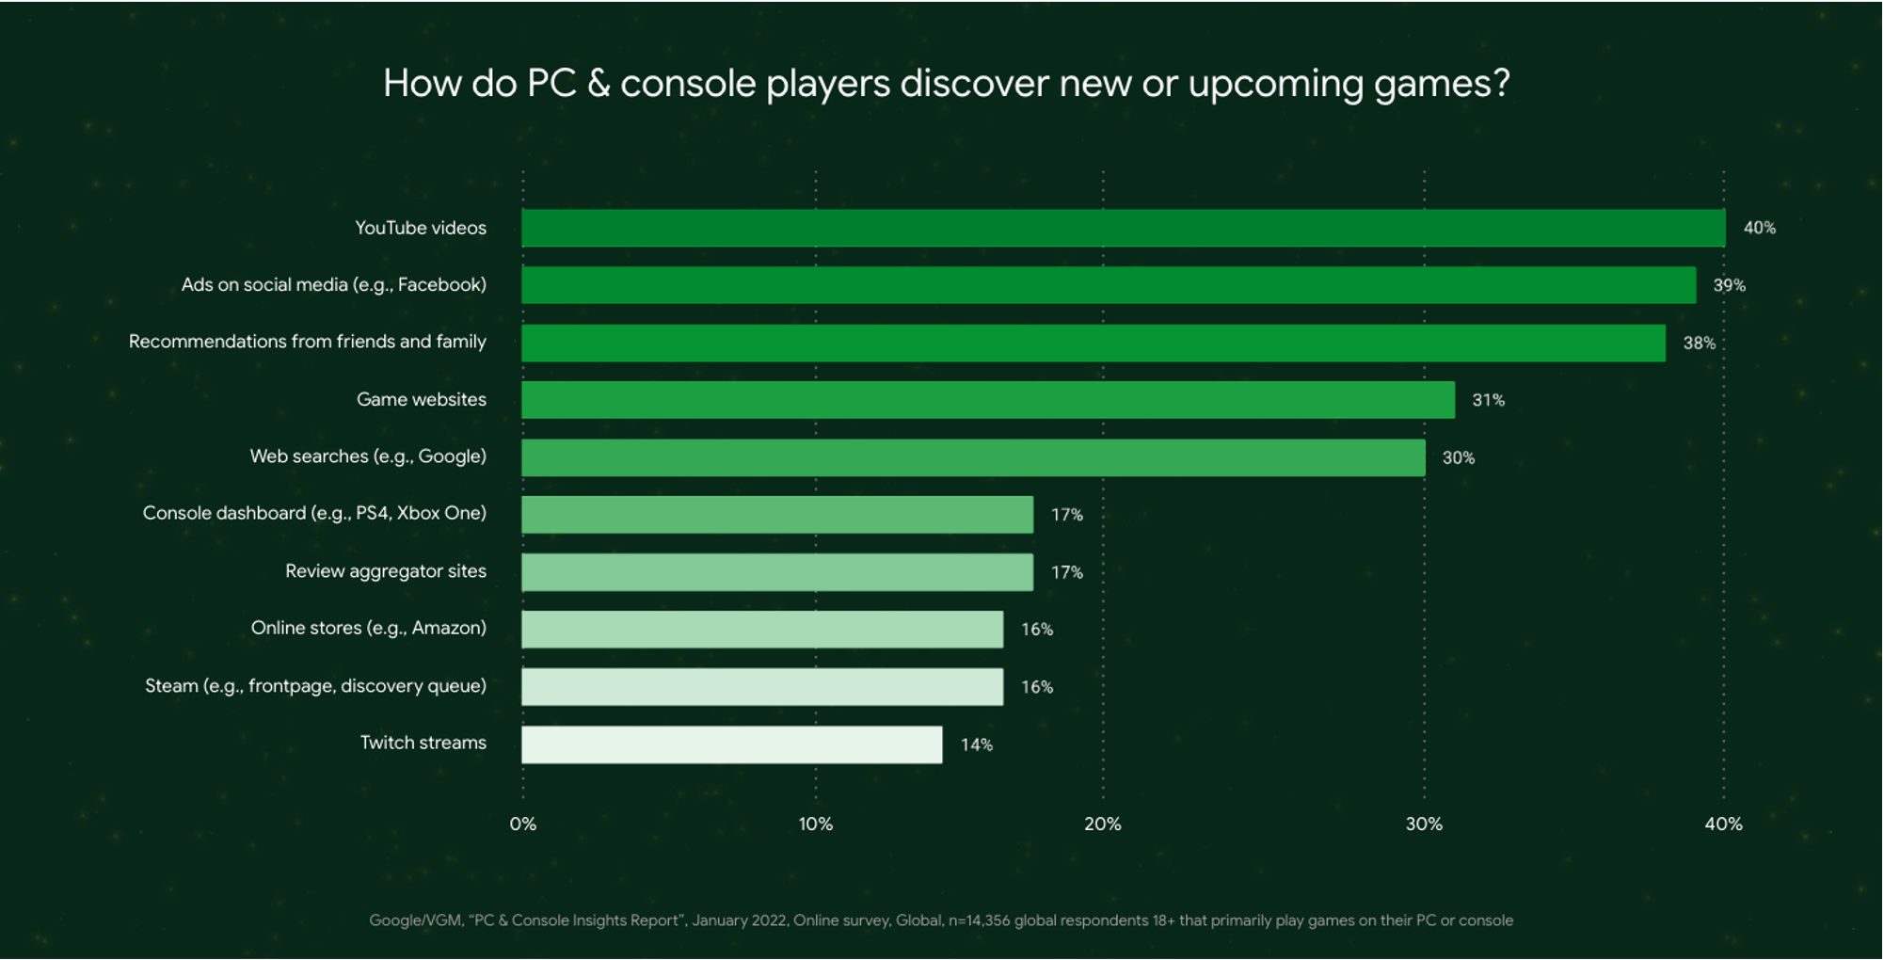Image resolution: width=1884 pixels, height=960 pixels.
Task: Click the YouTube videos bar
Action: (1123, 228)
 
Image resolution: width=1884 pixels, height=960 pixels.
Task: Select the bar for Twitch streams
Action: (731, 744)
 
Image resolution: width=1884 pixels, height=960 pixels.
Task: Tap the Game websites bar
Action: (987, 400)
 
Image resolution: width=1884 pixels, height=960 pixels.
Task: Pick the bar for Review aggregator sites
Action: (776, 572)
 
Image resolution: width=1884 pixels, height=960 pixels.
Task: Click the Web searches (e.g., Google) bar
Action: (972, 457)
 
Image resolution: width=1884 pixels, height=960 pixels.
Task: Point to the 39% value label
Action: (1729, 285)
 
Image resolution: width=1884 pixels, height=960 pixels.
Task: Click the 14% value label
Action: (976, 744)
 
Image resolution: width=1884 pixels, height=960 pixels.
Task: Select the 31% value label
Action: (1488, 400)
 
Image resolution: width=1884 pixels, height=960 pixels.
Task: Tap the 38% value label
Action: (1699, 343)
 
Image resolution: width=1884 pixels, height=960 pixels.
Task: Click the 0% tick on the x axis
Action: (522, 824)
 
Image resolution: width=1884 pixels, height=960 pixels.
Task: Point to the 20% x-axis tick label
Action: (1102, 824)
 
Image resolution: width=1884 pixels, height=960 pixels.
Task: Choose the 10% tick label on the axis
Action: (815, 824)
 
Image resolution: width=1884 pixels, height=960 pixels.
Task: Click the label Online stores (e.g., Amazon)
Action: (368, 628)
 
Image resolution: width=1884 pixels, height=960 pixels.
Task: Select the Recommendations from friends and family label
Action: (307, 342)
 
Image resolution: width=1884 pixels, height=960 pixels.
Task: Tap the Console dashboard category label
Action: (314, 513)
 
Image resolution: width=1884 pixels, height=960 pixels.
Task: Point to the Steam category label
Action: (315, 685)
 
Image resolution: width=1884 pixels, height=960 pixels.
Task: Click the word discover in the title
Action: (974, 83)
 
